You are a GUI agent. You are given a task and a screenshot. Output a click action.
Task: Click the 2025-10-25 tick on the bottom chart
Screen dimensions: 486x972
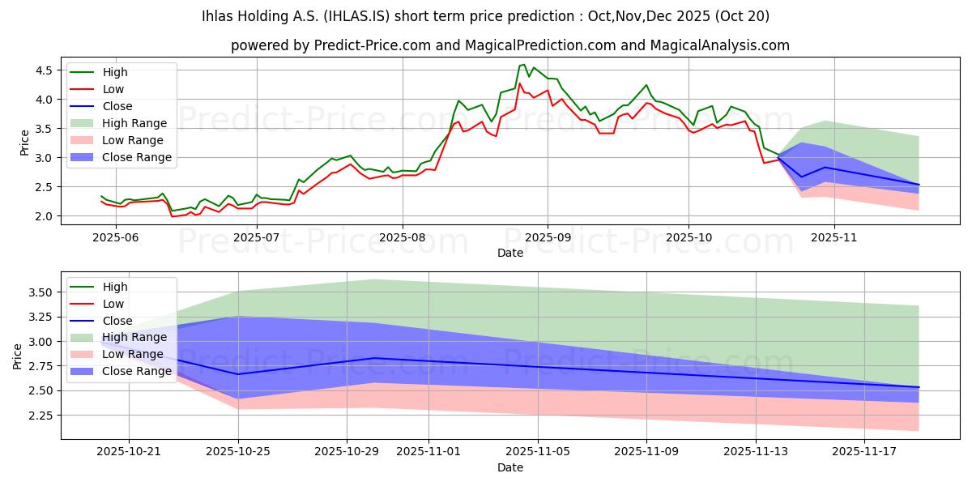click(x=238, y=451)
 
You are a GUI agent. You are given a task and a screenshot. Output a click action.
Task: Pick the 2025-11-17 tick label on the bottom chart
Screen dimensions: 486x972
click(x=863, y=451)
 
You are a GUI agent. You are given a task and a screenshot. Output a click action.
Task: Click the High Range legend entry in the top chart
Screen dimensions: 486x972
click(x=134, y=123)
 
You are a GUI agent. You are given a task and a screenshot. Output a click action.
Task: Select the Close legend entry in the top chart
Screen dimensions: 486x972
click(x=117, y=106)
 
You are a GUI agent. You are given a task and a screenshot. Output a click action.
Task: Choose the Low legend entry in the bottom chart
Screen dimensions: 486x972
click(x=113, y=304)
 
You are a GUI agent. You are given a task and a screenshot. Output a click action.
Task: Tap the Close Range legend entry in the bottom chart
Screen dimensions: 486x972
click(x=137, y=371)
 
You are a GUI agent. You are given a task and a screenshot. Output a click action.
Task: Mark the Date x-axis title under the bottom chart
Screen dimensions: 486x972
click(x=510, y=467)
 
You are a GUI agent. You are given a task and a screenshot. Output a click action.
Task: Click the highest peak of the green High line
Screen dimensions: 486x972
click(x=524, y=65)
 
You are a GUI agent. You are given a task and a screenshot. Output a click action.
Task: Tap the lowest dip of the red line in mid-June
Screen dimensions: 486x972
click(x=172, y=216)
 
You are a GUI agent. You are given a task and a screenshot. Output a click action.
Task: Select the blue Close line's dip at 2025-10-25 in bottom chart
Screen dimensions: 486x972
click(x=238, y=374)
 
